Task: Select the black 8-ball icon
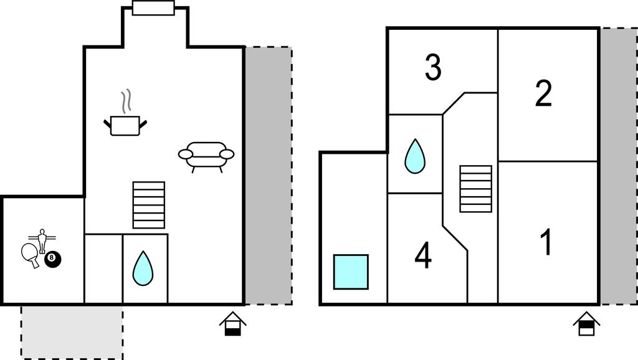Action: click(53, 259)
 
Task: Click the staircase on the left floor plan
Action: click(149, 205)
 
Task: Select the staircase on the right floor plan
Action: click(475, 189)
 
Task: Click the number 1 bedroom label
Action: click(546, 242)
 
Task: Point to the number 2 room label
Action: click(543, 94)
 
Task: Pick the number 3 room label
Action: click(433, 68)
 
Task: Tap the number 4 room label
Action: click(423, 255)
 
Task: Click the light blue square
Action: click(350, 272)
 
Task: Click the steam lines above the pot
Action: click(126, 100)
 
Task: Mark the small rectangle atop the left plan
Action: click(153, 7)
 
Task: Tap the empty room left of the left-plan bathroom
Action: click(103, 269)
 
